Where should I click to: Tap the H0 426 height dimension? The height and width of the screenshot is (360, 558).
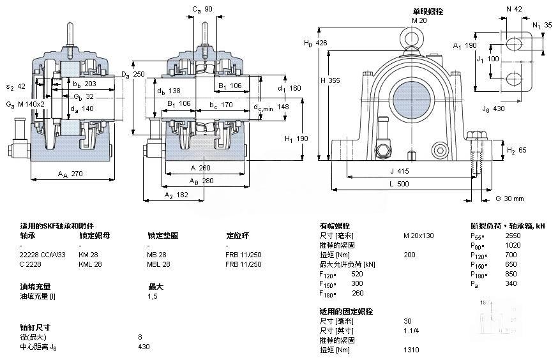316,43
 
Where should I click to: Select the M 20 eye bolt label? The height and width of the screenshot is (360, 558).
419,20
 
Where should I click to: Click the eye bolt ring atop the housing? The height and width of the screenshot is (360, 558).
411,38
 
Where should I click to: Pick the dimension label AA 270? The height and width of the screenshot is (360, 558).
71,173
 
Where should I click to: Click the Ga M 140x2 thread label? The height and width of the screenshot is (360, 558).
25,104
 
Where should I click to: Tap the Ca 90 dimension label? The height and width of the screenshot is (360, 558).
203,9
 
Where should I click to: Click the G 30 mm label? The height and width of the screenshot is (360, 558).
509,199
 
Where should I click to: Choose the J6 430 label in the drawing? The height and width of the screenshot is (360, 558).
494,109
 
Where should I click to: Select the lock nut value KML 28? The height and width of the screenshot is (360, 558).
89,264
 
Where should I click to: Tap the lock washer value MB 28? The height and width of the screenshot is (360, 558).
157,255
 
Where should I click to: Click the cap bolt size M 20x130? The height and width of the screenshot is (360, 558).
418,236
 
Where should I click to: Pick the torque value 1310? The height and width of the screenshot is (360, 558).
412,350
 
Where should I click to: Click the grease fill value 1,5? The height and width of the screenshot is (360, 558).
153,296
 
